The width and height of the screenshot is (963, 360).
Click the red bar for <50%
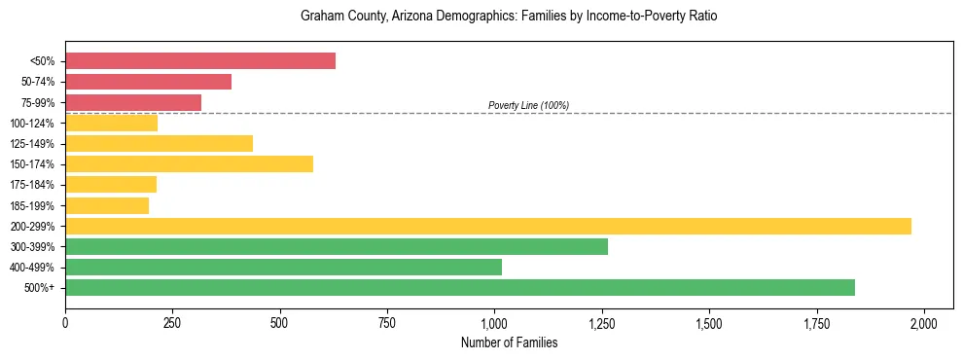pos(200,61)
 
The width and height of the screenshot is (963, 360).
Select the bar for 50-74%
pos(149,82)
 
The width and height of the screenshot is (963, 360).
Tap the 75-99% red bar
pos(133,102)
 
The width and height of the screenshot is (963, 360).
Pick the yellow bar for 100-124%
pos(112,123)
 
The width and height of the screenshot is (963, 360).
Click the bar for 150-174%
pos(190,163)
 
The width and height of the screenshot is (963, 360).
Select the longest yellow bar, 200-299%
pos(488,226)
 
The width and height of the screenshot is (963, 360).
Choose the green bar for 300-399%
pos(337,246)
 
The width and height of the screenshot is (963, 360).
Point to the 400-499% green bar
pos(284,267)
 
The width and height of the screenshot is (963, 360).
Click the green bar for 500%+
pos(460,287)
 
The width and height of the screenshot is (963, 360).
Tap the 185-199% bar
pos(107,205)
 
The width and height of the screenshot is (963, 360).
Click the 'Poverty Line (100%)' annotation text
pos(528,105)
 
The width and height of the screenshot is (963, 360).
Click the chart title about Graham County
pos(509,17)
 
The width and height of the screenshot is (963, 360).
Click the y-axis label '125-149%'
pos(32,143)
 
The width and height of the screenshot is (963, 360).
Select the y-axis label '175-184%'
pos(32,185)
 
